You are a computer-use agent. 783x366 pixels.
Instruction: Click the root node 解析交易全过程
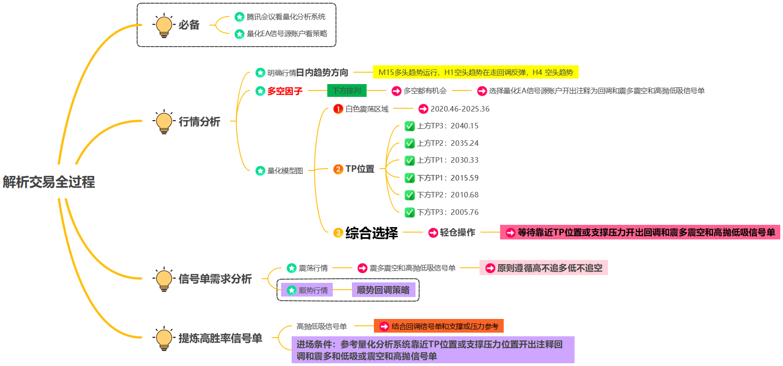point(49,182)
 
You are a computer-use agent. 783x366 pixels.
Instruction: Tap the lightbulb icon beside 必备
point(164,26)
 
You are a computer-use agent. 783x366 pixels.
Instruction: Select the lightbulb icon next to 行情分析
point(164,122)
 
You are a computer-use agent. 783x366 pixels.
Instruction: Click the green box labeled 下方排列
point(346,90)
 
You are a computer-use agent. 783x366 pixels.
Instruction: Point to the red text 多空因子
point(285,91)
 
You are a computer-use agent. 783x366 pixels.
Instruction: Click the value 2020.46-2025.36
point(460,109)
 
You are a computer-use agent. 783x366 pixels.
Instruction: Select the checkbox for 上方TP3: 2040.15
point(410,126)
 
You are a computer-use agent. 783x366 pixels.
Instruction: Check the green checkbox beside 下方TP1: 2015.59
point(410,178)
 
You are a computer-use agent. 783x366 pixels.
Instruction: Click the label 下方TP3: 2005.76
point(448,212)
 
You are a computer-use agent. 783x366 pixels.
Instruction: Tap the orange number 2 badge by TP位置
point(338,169)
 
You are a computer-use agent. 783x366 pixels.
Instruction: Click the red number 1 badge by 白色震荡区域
point(338,109)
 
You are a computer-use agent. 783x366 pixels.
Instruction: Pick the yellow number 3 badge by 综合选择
point(338,233)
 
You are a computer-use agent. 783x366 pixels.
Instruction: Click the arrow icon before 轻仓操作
point(433,233)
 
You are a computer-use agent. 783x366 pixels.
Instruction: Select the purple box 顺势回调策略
point(383,290)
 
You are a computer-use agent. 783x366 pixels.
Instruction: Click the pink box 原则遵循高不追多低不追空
point(543,268)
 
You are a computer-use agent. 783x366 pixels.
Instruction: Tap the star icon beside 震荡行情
point(292,268)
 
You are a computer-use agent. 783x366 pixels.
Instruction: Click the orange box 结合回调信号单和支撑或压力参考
point(439,326)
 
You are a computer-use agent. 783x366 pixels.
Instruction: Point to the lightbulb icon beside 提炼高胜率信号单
point(164,339)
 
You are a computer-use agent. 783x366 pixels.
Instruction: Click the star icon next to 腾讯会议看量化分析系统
point(239,17)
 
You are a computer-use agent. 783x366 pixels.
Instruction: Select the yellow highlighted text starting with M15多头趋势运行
point(475,72)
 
